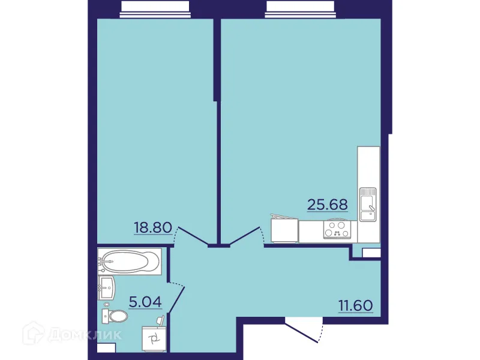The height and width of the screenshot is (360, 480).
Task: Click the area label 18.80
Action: [x=153, y=228]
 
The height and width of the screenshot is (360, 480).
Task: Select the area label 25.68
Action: [x=327, y=205]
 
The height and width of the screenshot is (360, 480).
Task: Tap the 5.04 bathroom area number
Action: [x=146, y=301]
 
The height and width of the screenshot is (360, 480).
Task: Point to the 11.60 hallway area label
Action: [x=356, y=305]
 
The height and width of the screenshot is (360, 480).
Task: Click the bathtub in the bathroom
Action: [x=129, y=262]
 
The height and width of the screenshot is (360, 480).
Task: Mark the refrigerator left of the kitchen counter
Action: [x=284, y=229]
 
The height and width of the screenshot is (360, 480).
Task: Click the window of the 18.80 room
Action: [x=155, y=7]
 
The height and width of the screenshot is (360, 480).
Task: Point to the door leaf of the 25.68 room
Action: [x=244, y=236]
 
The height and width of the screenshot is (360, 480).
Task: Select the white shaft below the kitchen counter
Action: [x=371, y=253]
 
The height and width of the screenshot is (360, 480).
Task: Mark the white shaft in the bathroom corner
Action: [x=106, y=347]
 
